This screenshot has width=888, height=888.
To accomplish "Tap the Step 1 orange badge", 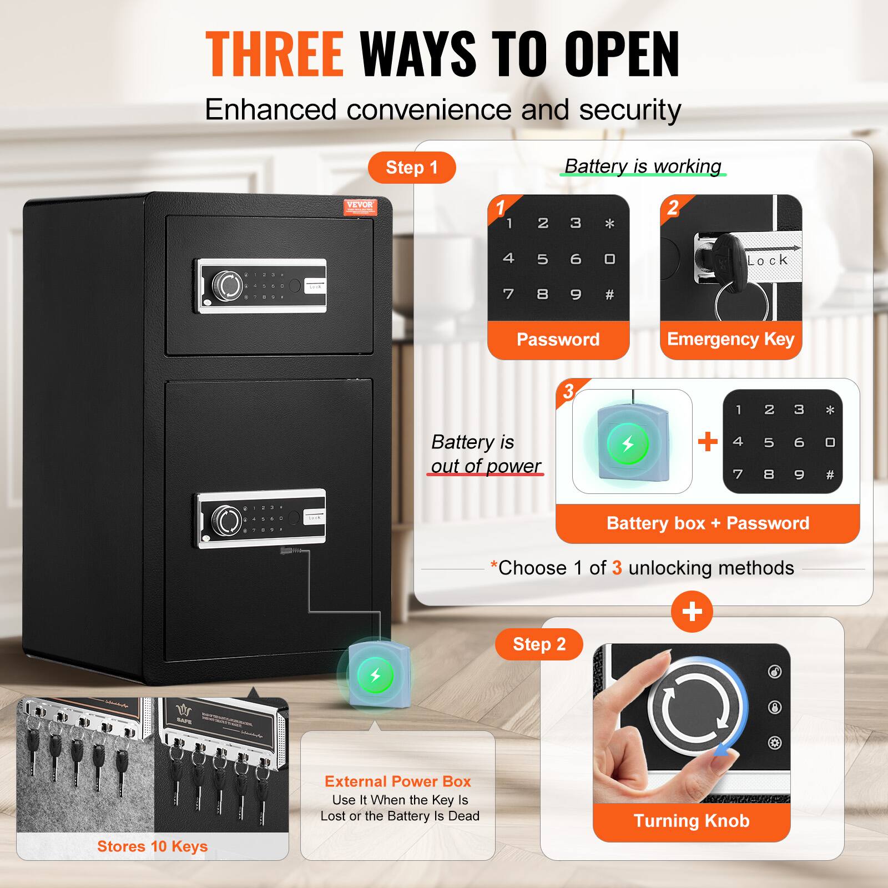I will [x=412, y=168].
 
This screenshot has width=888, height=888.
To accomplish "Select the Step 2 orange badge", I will [x=539, y=644].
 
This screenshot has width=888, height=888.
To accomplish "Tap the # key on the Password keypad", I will [x=609, y=295].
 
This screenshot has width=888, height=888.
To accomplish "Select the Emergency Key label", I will [x=730, y=339].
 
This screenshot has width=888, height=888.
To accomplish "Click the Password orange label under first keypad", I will [x=558, y=340].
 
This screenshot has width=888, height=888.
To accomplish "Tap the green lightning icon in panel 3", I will [x=628, y=444].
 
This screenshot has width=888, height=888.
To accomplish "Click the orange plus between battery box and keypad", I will [x=708, y=442].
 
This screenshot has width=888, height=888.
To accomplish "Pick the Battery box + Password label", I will [x=708, y=523].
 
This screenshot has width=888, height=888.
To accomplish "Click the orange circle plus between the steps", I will [x=692, y=612].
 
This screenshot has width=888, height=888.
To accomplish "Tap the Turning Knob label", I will [x=692, y=821].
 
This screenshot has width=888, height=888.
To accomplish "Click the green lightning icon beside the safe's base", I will [x=375, y=675].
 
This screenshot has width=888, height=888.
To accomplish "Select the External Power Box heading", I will [x=397, y=781].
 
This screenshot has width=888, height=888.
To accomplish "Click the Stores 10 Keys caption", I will [x=152, y=846].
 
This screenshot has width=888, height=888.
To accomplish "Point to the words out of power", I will [x=486, y=466].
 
